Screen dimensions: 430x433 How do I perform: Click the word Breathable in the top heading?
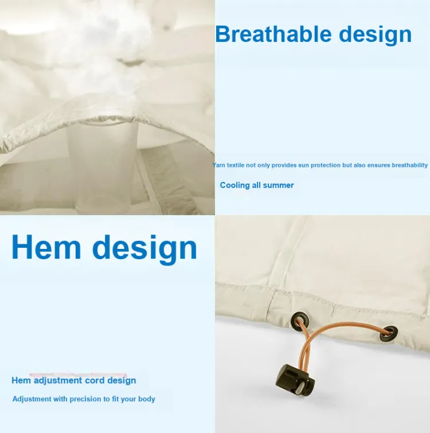(x=273, y=34)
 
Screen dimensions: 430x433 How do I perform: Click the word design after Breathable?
(x=376, y=35)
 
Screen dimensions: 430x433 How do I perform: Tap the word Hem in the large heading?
(x=46, y=247)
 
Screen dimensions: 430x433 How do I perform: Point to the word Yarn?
(x=218, y=165)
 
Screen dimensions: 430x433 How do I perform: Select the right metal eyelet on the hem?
(x=389, y=333)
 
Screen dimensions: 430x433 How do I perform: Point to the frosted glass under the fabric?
(x=103, y=166)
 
